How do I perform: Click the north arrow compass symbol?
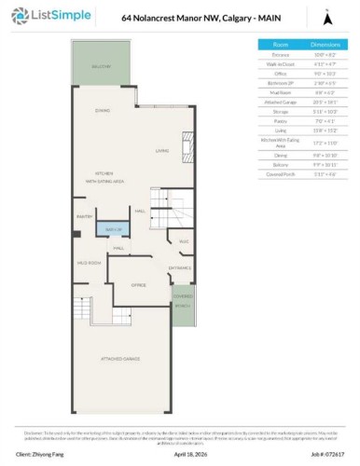pyautogui.click(x=326, y=16)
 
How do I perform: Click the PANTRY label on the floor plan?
pyautogui.click(x=82, y=216)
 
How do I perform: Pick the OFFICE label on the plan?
pyautogui.click(x=138, y=284)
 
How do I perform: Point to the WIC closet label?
pyautogui.click(x=184, y=241)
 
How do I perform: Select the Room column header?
pyautogui.click(x=280, y=44)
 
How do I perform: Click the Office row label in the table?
pyautogui.click(x=280, y=73)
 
